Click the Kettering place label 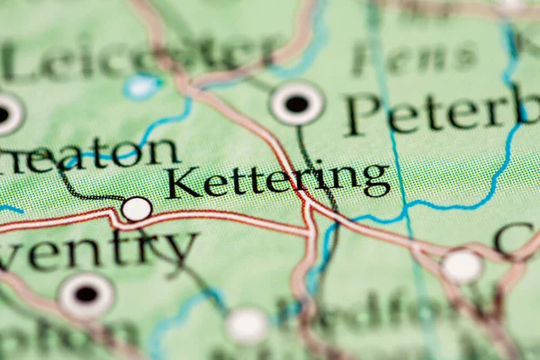point(278,180)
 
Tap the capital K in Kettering point(183,183)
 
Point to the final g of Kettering point(376,178)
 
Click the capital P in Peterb point(362,114)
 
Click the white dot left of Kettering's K point(137,209)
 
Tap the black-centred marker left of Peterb point(296,103)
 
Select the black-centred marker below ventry point(86,294)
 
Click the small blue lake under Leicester point(141,86)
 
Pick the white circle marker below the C point(462,266)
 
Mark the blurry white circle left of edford point(247,325)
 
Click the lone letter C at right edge point(515,238)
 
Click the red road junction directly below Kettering point(309,205)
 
